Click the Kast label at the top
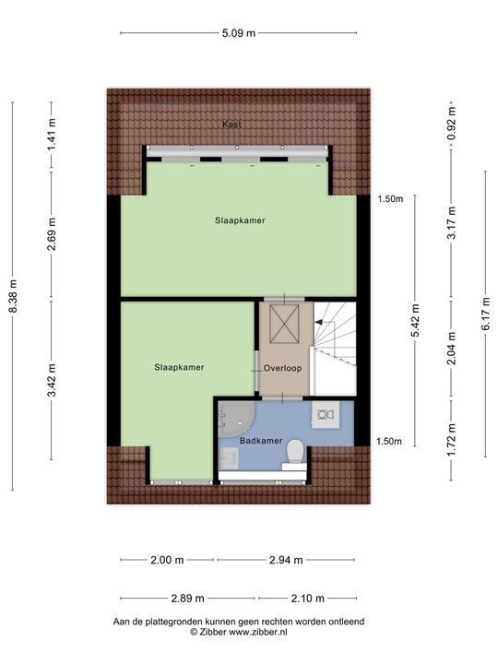(231, 125)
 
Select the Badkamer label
(261, 441)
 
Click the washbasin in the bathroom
(325, 415)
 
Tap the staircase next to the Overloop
(334, 349)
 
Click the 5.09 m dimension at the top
(238, 33)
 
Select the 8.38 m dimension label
(13, 296)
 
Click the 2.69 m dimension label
(53, 235)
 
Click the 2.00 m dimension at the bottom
(167, 560)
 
